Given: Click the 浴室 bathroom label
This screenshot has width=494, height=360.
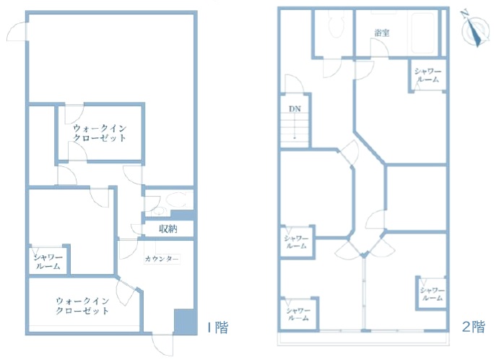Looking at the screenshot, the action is (382, 33).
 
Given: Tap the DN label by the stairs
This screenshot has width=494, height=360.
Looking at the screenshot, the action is (295, 109).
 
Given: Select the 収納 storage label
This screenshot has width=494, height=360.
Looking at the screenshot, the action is (168, 229).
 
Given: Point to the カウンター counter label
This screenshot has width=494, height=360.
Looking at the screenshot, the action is (162, 259).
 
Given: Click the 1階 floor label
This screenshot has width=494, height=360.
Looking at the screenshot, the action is (217, 327).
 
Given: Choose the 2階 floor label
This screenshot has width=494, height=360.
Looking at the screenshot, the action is (474, 327).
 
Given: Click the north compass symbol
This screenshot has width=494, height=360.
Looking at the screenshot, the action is (474, 29).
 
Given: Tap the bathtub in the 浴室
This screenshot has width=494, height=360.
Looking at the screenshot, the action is (423, 33).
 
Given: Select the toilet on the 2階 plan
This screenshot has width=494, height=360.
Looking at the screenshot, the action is (335, 24).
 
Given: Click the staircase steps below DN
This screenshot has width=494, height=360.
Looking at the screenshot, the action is (295, 131).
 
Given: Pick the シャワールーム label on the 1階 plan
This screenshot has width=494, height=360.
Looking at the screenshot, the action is (48, 262).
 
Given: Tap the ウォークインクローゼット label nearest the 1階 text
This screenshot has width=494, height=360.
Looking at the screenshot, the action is (82, 306).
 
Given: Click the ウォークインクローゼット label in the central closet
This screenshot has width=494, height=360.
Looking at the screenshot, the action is (100, 133).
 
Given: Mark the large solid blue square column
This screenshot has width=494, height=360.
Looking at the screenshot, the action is (185, 322).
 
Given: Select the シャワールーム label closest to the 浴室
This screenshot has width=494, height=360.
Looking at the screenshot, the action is (428, 76).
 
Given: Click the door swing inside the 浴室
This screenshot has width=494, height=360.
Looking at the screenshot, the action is (380, 48).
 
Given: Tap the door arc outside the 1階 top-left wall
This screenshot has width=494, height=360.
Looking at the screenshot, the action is (16, 32).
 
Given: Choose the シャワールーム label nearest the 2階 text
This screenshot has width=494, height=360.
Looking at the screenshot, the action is (432, 294).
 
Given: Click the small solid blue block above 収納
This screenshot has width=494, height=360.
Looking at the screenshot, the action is (182, 215).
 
